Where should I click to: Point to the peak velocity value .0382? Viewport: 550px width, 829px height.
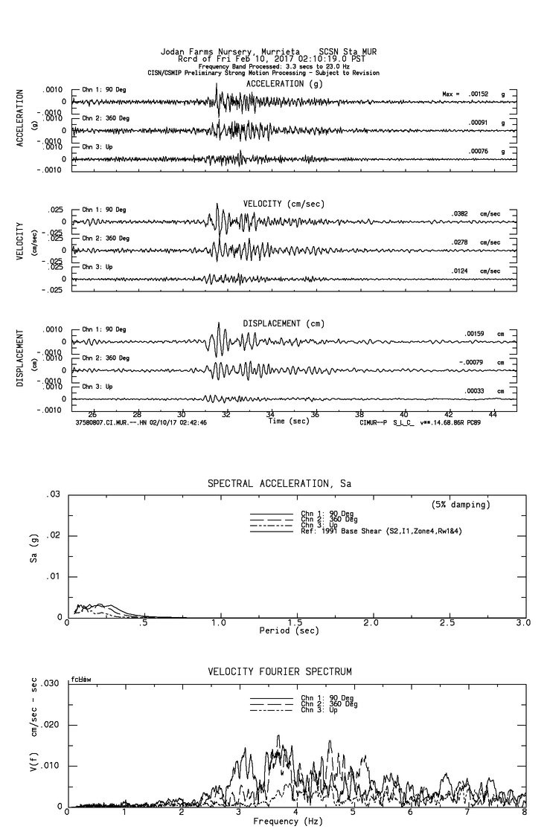point(462,213)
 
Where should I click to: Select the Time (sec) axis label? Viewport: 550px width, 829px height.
point(290,422)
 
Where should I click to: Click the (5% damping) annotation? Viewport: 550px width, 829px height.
point(461,505)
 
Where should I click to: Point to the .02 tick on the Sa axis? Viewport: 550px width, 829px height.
point(54,535)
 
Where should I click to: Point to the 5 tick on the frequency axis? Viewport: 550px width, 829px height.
point(354,813)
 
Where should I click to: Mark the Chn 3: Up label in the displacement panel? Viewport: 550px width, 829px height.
point(97,387)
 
